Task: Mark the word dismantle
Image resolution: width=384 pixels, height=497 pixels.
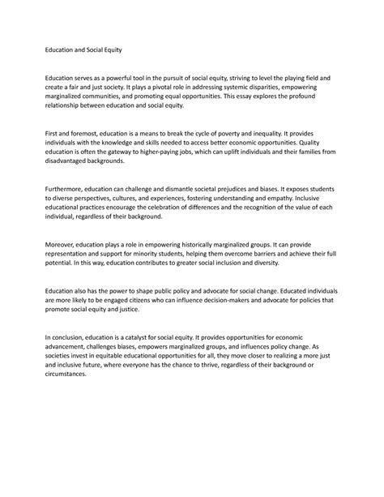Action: pos(195,187)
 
